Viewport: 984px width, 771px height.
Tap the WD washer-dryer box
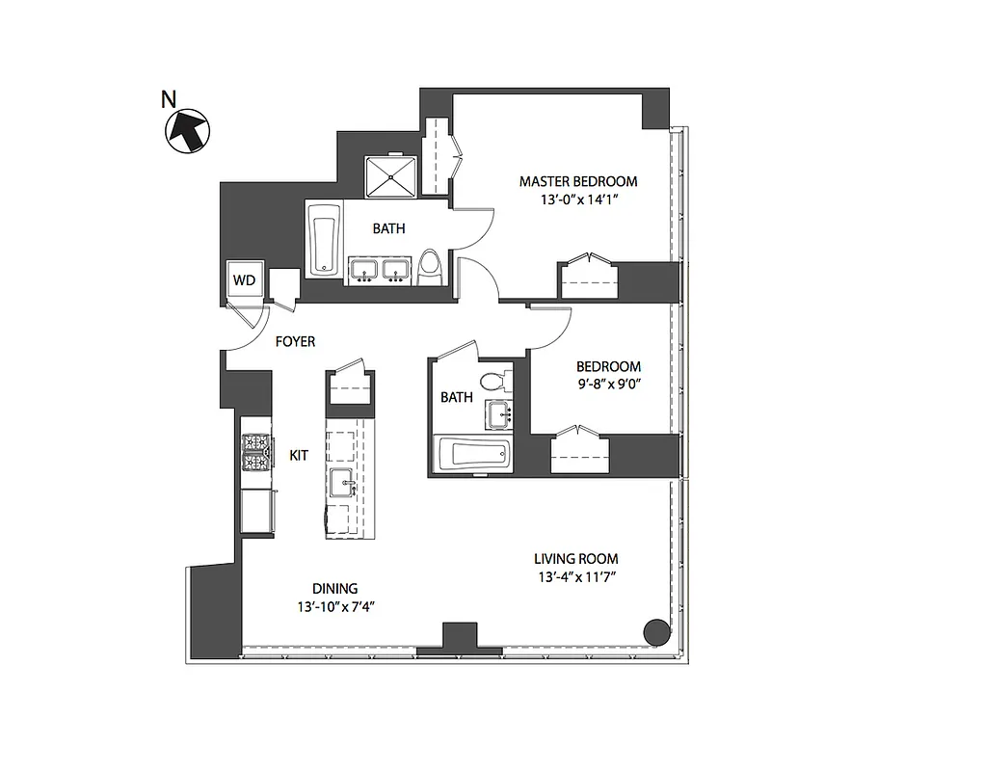245,280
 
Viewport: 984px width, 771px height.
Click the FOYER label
295,341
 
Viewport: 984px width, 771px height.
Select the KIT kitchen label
299,455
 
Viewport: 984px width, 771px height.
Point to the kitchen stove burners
256,453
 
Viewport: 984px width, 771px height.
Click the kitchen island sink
342,482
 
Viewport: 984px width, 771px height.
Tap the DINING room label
334,588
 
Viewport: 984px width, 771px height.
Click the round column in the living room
655,632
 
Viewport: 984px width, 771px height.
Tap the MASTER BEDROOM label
578,181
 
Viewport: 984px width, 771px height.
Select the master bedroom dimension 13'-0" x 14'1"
578,200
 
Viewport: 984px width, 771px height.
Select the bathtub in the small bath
473,454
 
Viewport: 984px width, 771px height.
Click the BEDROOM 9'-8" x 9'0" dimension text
608,385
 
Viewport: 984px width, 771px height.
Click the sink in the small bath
498,416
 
